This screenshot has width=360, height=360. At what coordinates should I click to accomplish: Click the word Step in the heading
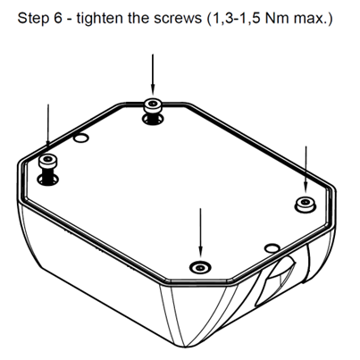tap(33, 19)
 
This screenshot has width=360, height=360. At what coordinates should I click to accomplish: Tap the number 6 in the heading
tap(58, 18)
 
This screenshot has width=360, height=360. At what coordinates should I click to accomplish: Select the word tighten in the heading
tap(100, 19)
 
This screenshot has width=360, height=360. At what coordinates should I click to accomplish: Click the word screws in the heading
tap(178, 20)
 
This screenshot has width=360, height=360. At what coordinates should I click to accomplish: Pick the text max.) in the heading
tap(313, 19)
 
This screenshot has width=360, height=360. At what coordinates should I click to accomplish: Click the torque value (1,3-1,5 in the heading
tap(233, 19)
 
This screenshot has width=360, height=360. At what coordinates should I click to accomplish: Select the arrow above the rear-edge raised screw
tap(153, 74)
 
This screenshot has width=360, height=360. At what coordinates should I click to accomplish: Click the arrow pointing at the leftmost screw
tap(48, 125)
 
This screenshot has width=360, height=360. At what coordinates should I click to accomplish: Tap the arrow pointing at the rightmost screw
tap(306, 168)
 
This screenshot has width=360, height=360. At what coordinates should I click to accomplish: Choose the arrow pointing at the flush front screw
tap(200, 232)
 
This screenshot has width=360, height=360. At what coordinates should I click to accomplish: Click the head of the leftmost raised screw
tap(47, 161)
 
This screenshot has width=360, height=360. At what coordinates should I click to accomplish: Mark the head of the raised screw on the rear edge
tap(153, 105)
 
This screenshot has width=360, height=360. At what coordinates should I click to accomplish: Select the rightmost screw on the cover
tap(305, 205)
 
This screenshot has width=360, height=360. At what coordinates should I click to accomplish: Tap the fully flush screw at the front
tap(200, 268)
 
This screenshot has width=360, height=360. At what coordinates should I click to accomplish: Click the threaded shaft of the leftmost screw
tap(47, 175)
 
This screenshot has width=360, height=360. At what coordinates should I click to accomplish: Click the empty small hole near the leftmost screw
tap(80, 138)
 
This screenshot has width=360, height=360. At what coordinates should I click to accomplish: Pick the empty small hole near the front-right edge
tap(272, 247)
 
